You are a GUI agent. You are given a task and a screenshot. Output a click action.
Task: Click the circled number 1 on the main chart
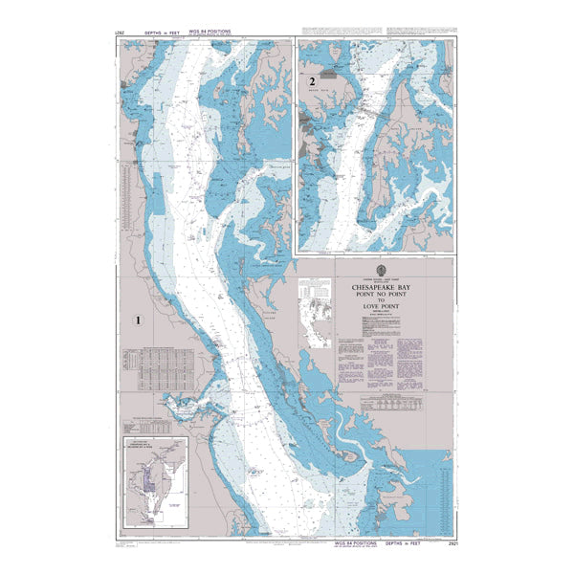(140, 321)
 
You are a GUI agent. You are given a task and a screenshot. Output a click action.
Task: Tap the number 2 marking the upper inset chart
(312, 82)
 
